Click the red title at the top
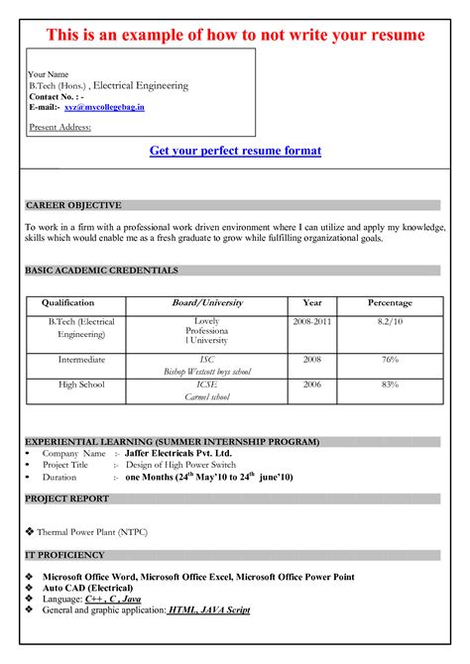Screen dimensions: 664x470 pyautogui.click(x=235, y=36)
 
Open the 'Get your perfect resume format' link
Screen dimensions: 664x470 pyautogui.click(x=235, y=151)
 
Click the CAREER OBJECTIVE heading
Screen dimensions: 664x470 pyautogui.click(x=73, y=205)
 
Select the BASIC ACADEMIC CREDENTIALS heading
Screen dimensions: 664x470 pyautogui.click(x=101, y=270)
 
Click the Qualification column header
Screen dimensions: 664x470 pyautogui.click(x=68, y=303)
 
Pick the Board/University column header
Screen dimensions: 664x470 pyautogui.click(x=207, y=303)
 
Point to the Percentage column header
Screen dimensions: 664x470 pyautogui.click(x=390, y=303)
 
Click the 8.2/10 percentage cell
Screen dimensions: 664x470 pyautogui.click(x=390, y=323)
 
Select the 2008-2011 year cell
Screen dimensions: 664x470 pyautogui.click(x=312, y=323)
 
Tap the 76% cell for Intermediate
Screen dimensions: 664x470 pyautogui.click(x=390, y=360)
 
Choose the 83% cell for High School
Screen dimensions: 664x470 pyautogui.click(x=390, y=385)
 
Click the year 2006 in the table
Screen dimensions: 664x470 pyautogui.click(x=312, y=385)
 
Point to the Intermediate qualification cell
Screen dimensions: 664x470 pyautogui.click(x=81, y=360)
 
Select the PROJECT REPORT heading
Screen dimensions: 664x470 pyautogui.click(x=67, y=498)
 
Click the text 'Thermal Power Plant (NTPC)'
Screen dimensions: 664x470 pyautogui.click(x=96, y=532)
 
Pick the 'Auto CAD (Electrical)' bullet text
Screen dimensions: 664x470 pyautogui.click(x=89, y=588)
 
